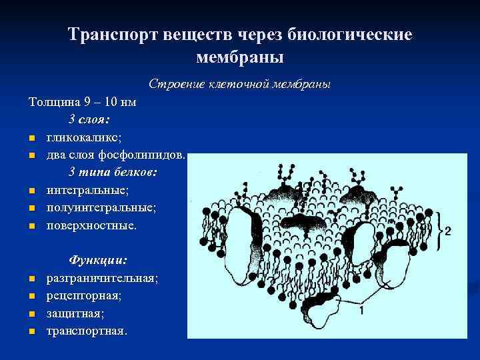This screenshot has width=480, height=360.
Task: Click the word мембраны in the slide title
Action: click(x=240, y=57)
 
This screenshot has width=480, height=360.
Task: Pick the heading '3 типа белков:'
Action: click(x=113, y=172)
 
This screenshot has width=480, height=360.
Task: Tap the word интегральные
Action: click(x=87, y=190)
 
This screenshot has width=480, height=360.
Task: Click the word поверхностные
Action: click(x=91, y=225)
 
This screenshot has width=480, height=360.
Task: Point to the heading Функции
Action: click(x=98, y=260)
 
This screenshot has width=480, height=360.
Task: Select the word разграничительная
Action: click(x=102, y=277)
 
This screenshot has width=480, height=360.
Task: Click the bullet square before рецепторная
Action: click(x=31, y=295)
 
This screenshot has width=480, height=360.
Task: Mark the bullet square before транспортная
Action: click(x=31, y=331)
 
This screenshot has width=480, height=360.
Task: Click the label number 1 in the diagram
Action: click(x=360, y=310)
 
